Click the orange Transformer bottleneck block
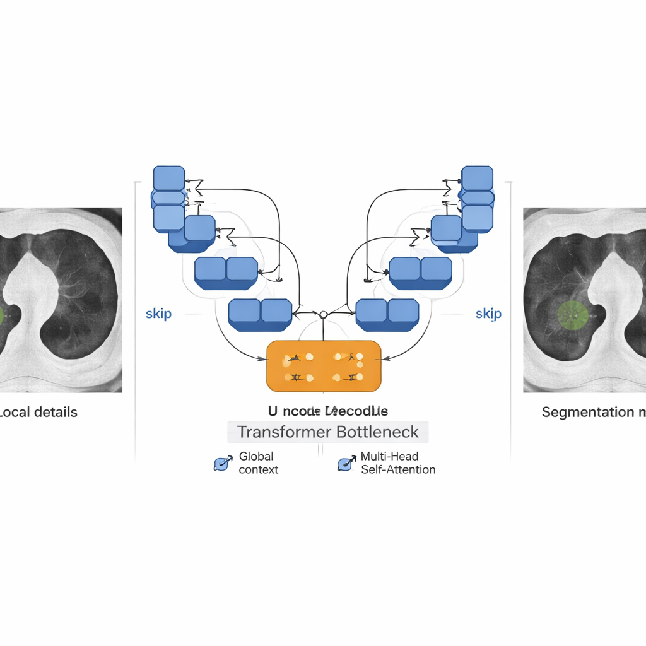[324, 366]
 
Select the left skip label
[158, 314]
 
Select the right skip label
[488, 314]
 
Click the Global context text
[258, 463]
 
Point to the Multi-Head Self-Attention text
[397, 463]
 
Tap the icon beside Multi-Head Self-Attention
[346, 464]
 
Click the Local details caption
[38, 413]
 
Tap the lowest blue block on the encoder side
[260, 314]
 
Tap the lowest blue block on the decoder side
[387, 314]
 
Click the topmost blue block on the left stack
[169, 178]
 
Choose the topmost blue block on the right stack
[478, 178]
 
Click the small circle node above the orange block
[322, 314]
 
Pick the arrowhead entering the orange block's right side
[385, 359]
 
